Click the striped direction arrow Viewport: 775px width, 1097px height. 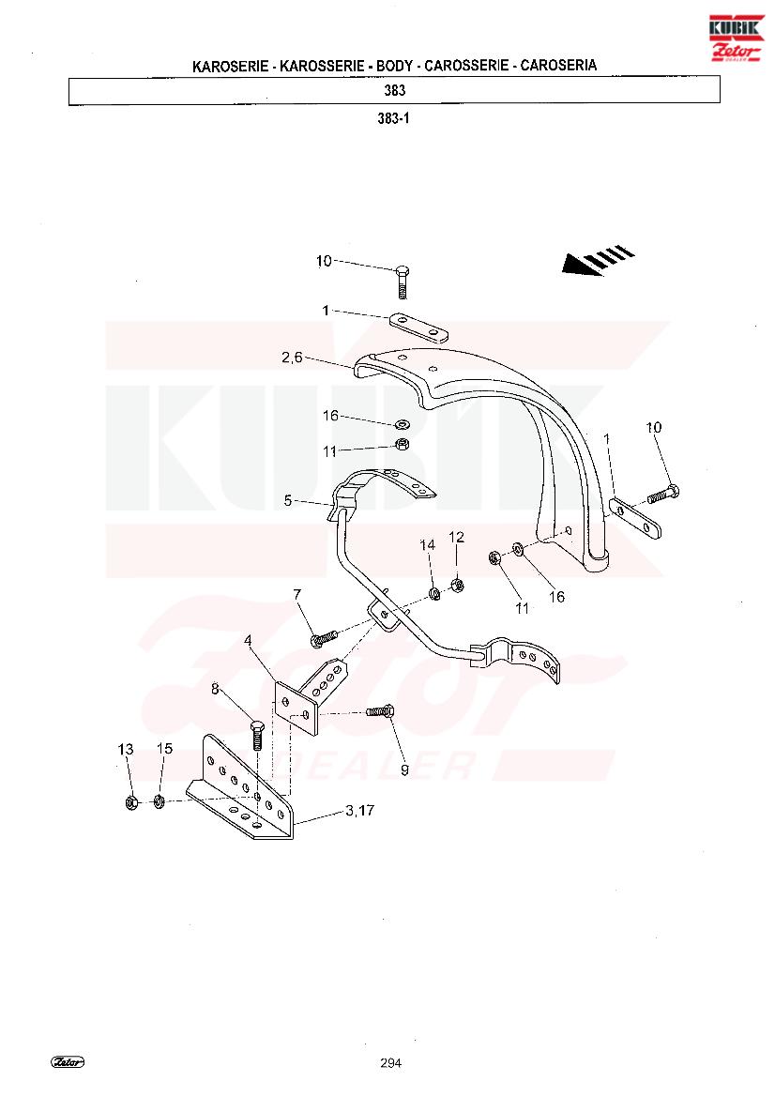pos(598,261)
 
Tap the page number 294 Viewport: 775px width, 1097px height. pos(391,1062)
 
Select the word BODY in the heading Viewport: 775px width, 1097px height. pos(394,66)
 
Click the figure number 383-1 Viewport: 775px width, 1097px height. pos(394,118)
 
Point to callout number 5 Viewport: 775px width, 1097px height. pos(287,501)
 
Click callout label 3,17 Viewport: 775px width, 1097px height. pos(359,810)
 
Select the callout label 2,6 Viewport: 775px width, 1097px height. pos(293,358)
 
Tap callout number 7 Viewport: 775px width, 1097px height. pos(297,594)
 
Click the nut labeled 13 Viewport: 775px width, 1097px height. pos(129,802)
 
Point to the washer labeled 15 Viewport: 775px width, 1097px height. pos(158,801)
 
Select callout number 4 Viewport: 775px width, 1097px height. pos(248,640)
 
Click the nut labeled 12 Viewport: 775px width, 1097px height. pos(458,585)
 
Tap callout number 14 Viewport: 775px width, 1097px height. pos(427,545)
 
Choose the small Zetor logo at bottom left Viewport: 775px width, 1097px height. pos(68,1062)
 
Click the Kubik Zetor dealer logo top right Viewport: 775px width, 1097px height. pos(736,38)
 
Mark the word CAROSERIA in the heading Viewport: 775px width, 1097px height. pos(558,65)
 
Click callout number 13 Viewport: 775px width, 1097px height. pos(125,749)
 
